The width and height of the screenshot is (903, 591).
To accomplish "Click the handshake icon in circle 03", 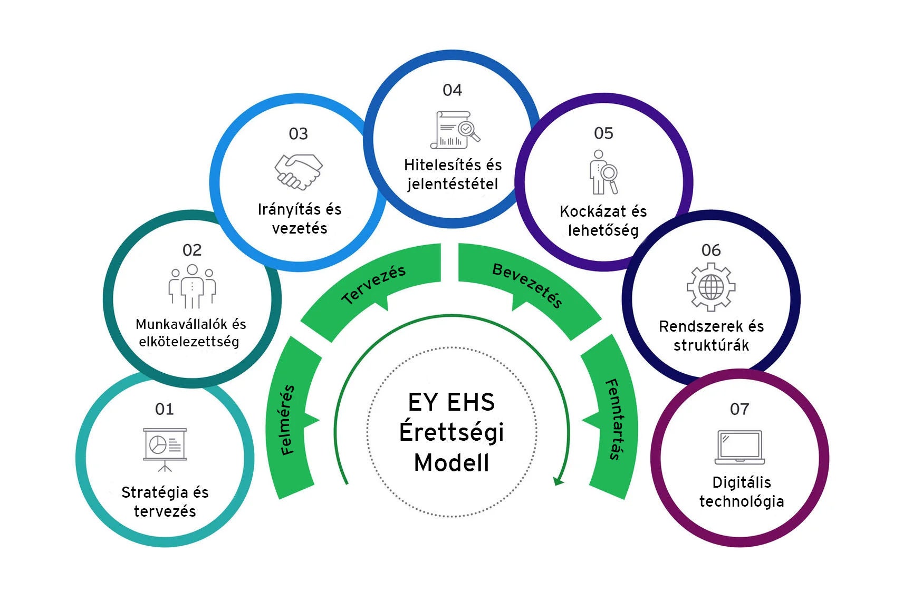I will point(298,172).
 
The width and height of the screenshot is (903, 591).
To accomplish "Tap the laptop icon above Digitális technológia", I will point(739,447).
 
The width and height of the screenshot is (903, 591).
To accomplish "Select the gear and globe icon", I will point(710,287).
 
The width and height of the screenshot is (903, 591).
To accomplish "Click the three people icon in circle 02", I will point(192,286).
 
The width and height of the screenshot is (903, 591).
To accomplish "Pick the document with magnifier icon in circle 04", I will point(455,129).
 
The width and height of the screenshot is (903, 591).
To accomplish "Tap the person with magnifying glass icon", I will point(603,172).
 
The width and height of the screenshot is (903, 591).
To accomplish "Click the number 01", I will point(164,409).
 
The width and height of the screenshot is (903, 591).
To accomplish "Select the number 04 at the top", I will point(452,90).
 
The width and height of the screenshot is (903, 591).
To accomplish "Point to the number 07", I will point(739,409).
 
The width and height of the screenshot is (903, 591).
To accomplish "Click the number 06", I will point(710,250).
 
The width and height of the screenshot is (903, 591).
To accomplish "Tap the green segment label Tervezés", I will point(373,284).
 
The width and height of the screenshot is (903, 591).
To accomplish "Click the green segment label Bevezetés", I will point(527,285).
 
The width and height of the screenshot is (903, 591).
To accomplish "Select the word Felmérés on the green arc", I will point(287,420).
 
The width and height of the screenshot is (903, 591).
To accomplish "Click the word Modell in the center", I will point(451,463).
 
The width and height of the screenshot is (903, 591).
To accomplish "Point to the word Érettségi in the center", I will point(451,432).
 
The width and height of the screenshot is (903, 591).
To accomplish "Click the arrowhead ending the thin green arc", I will point(558,481).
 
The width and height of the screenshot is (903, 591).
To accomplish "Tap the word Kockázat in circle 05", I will point(584,211).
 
